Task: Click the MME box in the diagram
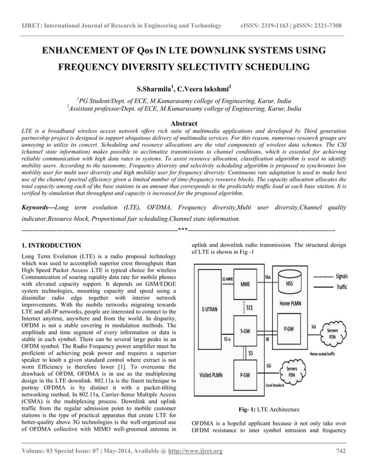coord(245,284)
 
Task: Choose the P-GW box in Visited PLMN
coord(245,373)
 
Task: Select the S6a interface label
coord(269,277)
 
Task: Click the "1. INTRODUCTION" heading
coord(51,245)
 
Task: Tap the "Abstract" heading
coord(181,123)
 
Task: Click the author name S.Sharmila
coord(153,89)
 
